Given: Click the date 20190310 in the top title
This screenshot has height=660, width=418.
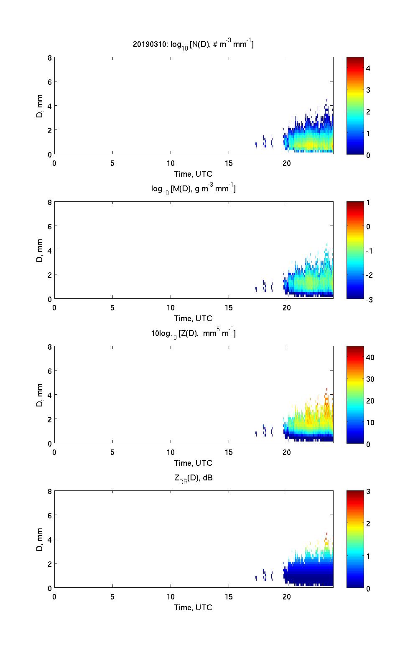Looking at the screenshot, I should [149, 44].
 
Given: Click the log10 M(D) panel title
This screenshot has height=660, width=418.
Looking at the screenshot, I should [193, 189].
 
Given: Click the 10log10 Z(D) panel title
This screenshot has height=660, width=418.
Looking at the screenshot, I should [193, 333].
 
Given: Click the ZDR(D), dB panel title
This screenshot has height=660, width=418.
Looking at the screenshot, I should [193, 478].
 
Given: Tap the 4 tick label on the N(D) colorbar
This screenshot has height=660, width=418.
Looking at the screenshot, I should [368, 68].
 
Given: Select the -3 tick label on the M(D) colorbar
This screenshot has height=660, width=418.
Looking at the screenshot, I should [370, 300].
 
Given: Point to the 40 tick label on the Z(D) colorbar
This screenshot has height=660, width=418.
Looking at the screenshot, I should [370, 358].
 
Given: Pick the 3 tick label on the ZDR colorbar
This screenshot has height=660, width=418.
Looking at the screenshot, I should [368, 492].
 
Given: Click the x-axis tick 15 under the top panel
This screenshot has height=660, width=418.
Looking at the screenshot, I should [228, 163].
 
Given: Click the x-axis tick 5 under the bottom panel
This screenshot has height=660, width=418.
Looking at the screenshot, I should [112, 597].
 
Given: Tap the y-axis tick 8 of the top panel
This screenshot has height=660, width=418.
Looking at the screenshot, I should [50, 58].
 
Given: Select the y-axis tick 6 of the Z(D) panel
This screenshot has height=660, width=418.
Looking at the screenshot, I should [50, 371].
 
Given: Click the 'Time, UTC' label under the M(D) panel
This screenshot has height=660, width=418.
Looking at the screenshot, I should [193, 318].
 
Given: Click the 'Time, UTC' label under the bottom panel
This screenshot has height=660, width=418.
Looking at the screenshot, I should [193, 607].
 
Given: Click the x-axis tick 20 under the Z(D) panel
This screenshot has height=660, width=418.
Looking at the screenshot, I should [286, 452].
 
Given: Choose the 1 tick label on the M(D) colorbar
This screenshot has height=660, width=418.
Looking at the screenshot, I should [368, 203].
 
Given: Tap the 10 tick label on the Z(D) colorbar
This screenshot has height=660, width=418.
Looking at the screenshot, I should [370, 422].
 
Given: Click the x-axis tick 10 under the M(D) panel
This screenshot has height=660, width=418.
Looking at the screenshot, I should [171, 308].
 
